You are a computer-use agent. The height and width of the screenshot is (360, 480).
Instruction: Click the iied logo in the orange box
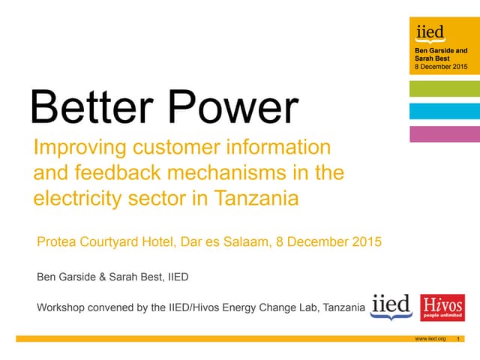(430, 32)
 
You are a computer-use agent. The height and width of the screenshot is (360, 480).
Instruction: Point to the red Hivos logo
(442, 307)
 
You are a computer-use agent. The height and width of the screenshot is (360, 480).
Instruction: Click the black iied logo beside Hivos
(391, 305)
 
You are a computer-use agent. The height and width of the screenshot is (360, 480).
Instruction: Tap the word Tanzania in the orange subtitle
(256, 199)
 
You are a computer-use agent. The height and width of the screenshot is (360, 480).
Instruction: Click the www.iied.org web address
(430, 339)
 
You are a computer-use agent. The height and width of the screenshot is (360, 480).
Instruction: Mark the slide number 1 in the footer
(457, 339)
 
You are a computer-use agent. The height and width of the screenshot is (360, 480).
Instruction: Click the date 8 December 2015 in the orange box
(441, 67)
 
